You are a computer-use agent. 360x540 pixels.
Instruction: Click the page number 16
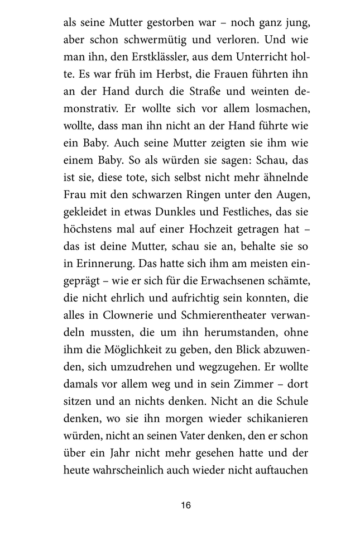pos(186,505)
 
